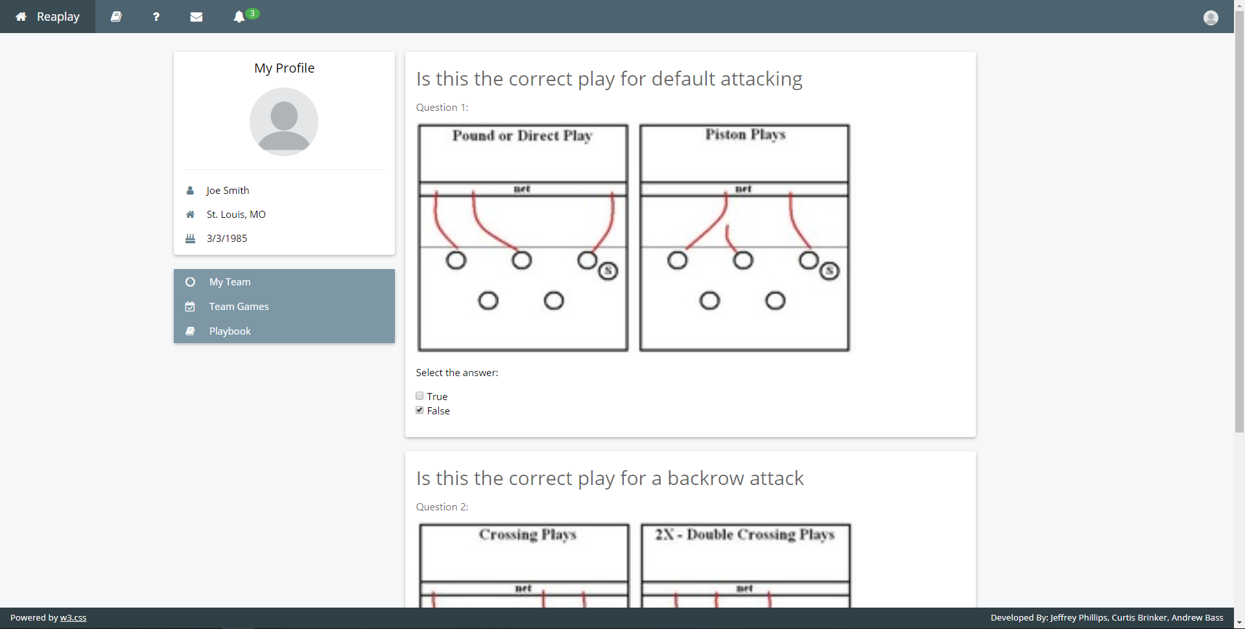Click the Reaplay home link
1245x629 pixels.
[47, 16]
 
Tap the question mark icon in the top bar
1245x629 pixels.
[156, 17]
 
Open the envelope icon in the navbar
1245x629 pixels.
[196, 17]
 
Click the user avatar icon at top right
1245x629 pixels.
[1211, 18]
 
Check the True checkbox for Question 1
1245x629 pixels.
[420, 396]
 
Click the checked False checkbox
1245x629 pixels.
[420, 410]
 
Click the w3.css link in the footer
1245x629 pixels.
[73, 617]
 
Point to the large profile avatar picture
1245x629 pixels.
[284, 122]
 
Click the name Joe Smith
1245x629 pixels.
[228, 190]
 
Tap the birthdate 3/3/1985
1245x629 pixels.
[227, 238]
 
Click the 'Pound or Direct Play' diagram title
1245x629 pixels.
[523, 136]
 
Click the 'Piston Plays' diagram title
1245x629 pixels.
[746, 134]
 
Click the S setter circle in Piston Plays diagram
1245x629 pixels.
[830, 271]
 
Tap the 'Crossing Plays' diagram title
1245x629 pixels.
[528, 534]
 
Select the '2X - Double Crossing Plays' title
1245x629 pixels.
[745, 534]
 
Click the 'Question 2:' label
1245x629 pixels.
[442, 506]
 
